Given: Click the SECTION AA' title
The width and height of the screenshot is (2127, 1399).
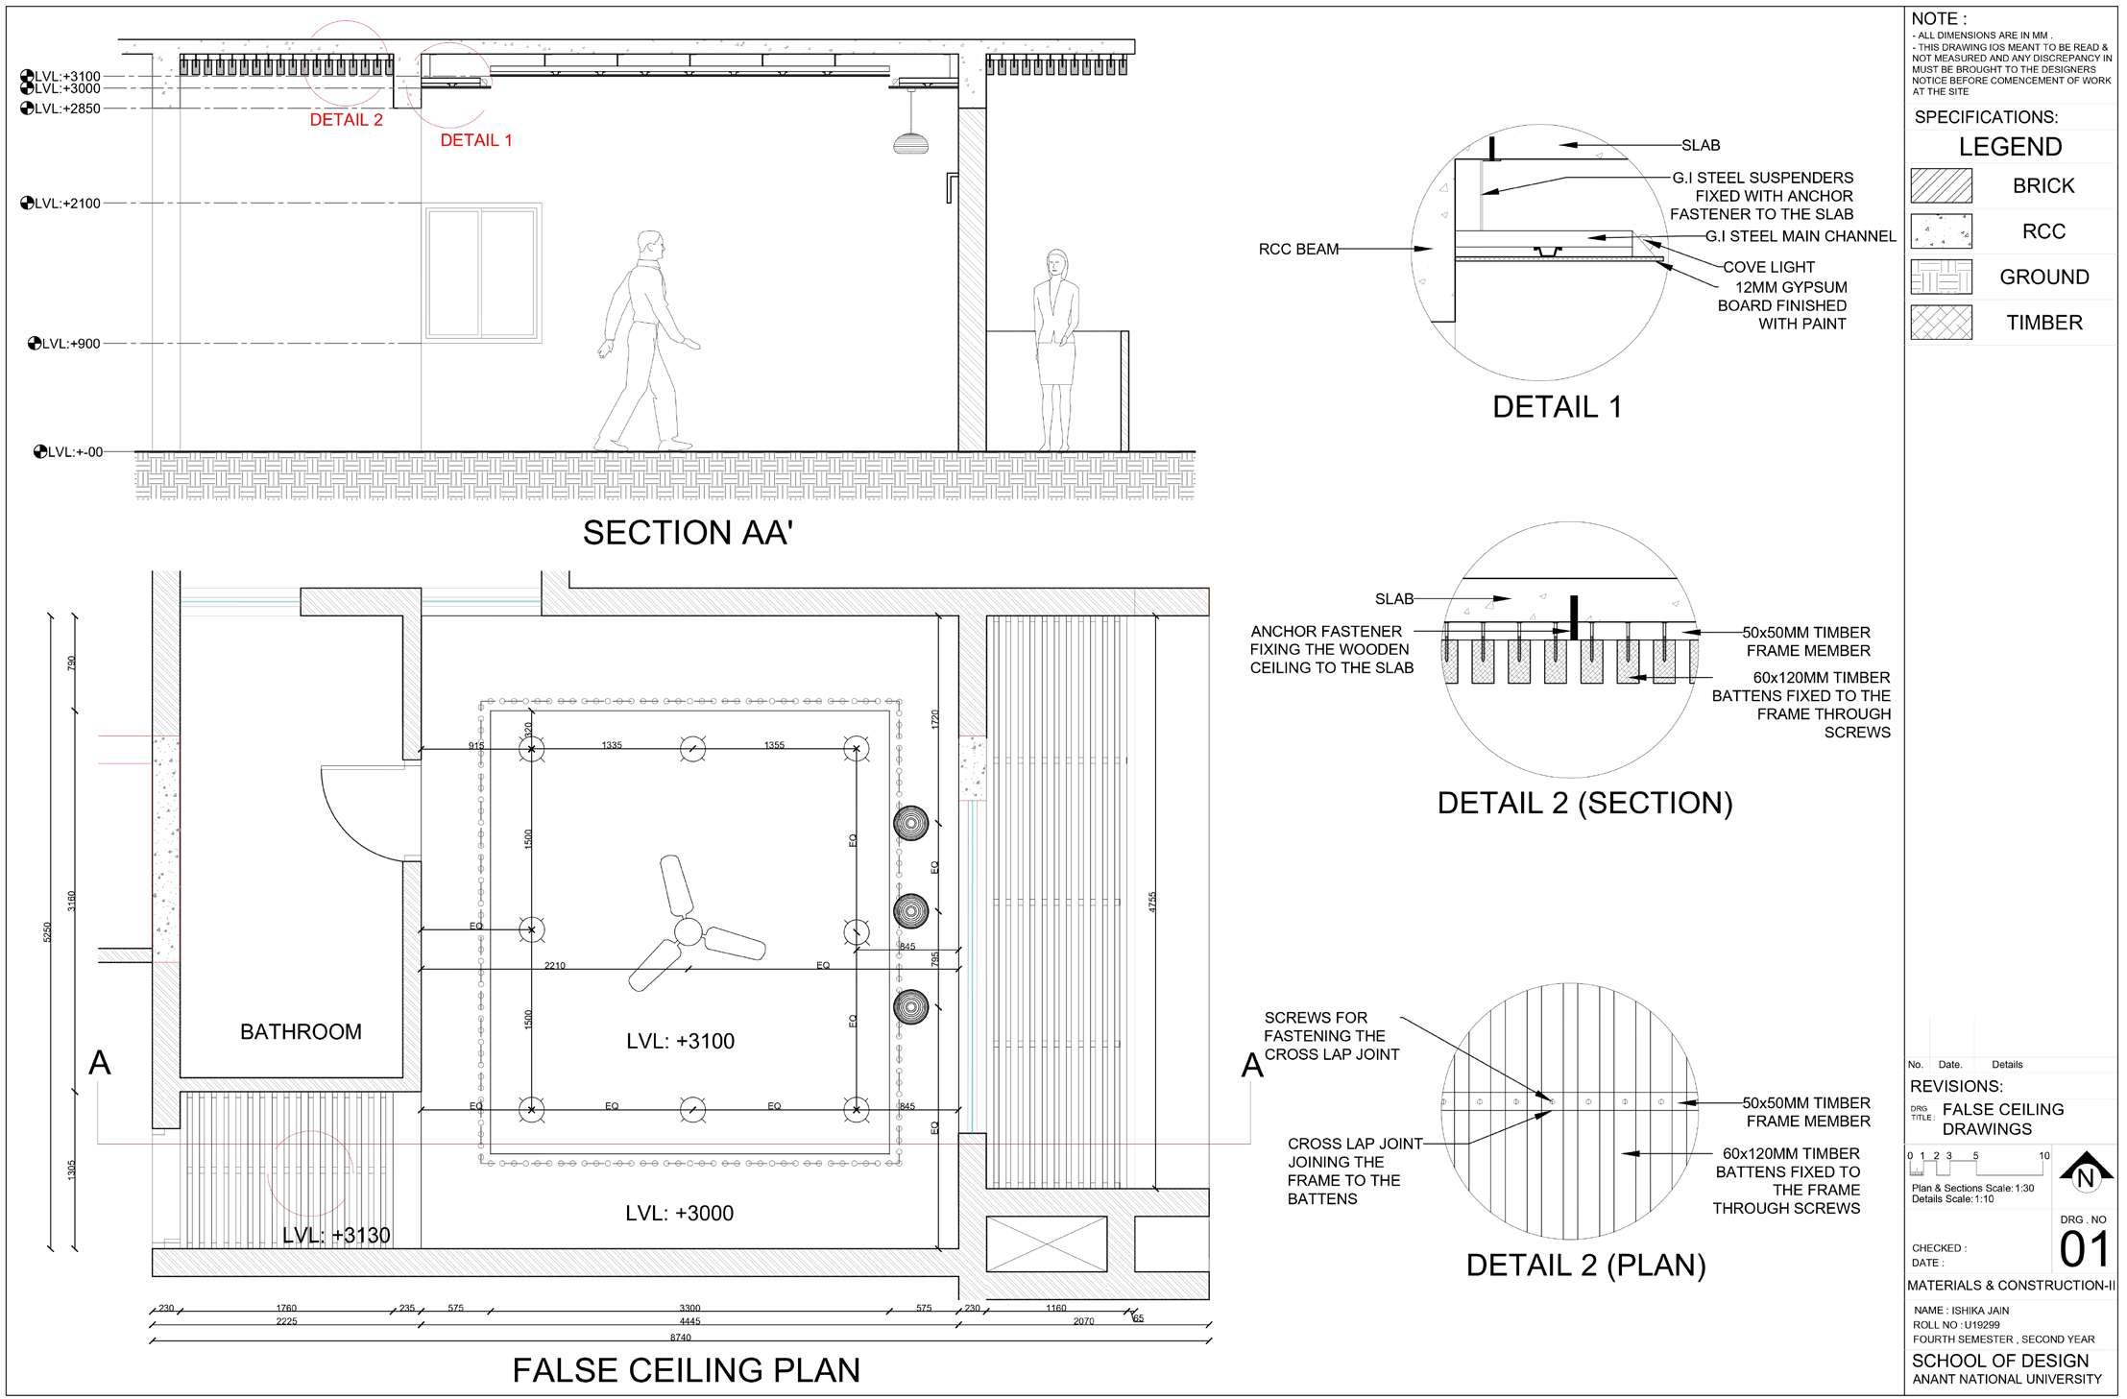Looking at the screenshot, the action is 687,533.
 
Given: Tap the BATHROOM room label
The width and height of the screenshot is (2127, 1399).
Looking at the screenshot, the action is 301,1032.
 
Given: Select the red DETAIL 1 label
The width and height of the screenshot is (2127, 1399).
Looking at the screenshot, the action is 475,140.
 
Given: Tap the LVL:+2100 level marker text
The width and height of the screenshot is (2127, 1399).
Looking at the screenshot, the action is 67,204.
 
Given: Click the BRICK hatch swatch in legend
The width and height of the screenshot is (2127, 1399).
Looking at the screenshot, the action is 1941,185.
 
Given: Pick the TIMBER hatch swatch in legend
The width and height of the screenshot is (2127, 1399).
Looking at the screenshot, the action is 1941,323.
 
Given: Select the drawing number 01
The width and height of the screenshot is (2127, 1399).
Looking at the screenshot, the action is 2085,1250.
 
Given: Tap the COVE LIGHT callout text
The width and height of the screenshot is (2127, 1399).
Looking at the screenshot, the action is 1769,267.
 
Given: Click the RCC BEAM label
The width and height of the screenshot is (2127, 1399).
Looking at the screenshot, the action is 1298,250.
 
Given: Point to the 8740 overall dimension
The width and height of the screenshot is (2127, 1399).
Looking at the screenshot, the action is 679,1338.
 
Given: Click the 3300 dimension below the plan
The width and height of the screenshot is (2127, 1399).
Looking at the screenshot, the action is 689,1308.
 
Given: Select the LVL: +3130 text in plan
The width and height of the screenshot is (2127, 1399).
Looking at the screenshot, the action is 336,1236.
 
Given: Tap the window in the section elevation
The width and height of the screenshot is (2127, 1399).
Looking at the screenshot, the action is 482,273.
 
